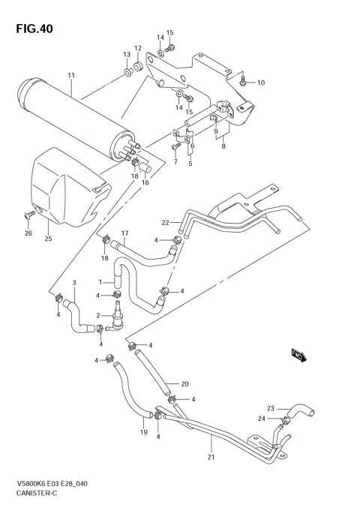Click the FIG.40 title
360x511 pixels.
[33, 29]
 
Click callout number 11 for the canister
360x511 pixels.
[72, 76]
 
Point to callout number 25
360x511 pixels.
[47, 239]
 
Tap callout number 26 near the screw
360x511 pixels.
[28, 233]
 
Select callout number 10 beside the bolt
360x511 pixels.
[261, 83]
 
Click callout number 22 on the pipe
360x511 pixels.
[166, 222]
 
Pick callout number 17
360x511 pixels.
[125, 233]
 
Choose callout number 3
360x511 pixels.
[74, 283]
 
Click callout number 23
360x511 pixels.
[271, 408]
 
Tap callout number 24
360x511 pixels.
[262, 419]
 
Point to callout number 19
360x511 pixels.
[142, 433]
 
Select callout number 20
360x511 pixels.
[184, 384]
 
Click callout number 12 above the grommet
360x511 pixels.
[138, 49]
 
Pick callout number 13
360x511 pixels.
[127, 55]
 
